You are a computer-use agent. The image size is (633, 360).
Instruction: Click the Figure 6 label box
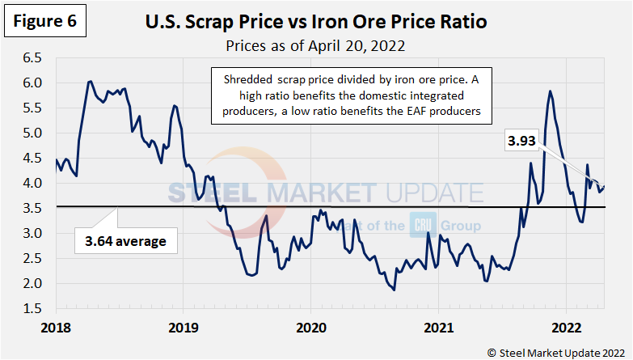(x=46, y=23)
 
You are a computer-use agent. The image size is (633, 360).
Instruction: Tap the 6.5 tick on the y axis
(x=35, y=58)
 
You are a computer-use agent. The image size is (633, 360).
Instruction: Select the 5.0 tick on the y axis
(x=35, y=133)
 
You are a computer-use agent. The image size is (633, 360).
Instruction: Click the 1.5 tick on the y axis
(x=35, y=308)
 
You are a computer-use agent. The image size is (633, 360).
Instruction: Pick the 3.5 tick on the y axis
(x=35, y=209)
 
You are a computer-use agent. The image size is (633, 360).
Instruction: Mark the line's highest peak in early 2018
(x=90, y=82)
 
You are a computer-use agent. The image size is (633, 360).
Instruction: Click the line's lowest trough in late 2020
(x=394, y=290)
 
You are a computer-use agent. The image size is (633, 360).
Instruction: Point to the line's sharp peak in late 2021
(x=550, y=91)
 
